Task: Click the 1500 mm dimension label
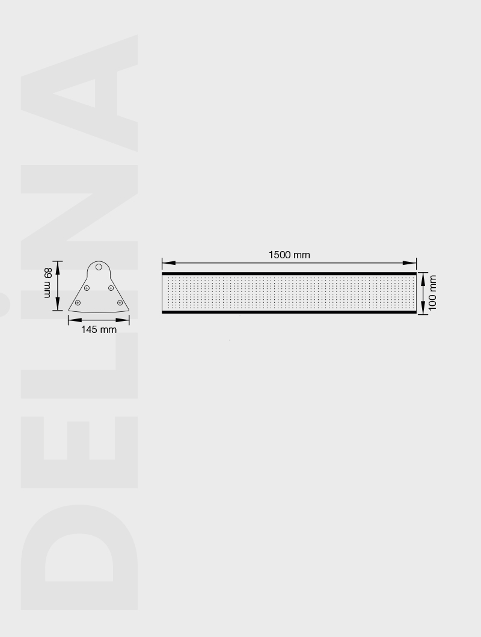(289, 255)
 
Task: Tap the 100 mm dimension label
(432, 293)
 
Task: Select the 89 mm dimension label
(47, 283)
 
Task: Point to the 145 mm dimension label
(99, 329)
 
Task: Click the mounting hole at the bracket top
(99, 267)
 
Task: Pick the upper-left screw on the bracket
(87, 288)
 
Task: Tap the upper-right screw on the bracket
(111, 288)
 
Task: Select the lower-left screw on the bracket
(78, 303)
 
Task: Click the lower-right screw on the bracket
(120, 303)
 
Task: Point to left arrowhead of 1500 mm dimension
(169, 263)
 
